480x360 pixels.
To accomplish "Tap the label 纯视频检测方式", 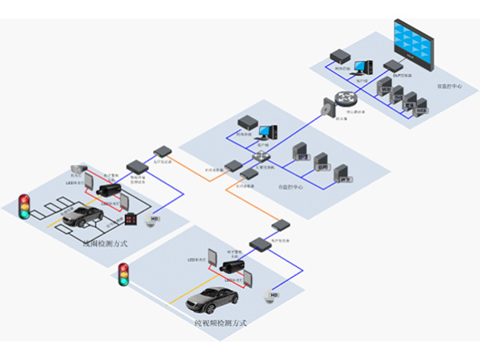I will pos(220,322).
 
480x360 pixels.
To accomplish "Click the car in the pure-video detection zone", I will pos(213,299).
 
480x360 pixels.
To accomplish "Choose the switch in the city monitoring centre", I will pos(260,157).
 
